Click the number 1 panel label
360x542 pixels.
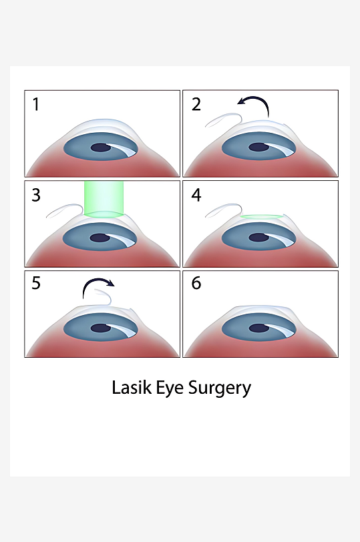[x=35, y=104]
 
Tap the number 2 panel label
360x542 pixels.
[x=196, y=104]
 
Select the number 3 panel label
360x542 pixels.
[x=36, y=195]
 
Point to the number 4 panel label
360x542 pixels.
[x=196, y=195]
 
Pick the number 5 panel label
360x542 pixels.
[x=36, y=283]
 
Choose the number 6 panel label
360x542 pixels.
[x=196, y=283]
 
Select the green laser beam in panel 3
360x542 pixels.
[x=104, y=200]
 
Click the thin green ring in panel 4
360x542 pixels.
[x=261, y=217]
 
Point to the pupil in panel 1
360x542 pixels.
[x=101, y=148]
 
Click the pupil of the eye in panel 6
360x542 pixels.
[x=259, y=328]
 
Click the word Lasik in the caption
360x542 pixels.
[x=132, y=388]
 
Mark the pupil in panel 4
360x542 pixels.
[x=259, y=238]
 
